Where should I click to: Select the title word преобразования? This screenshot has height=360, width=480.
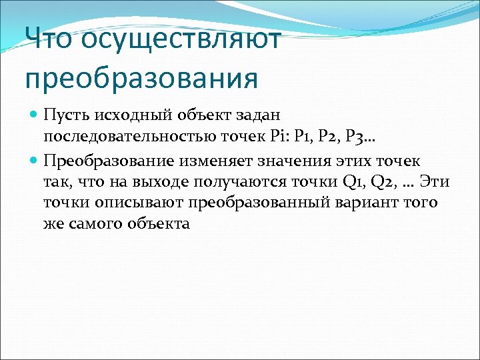(141, 79)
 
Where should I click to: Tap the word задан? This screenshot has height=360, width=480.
(241, 117)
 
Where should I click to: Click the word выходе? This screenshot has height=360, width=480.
(164, 181)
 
